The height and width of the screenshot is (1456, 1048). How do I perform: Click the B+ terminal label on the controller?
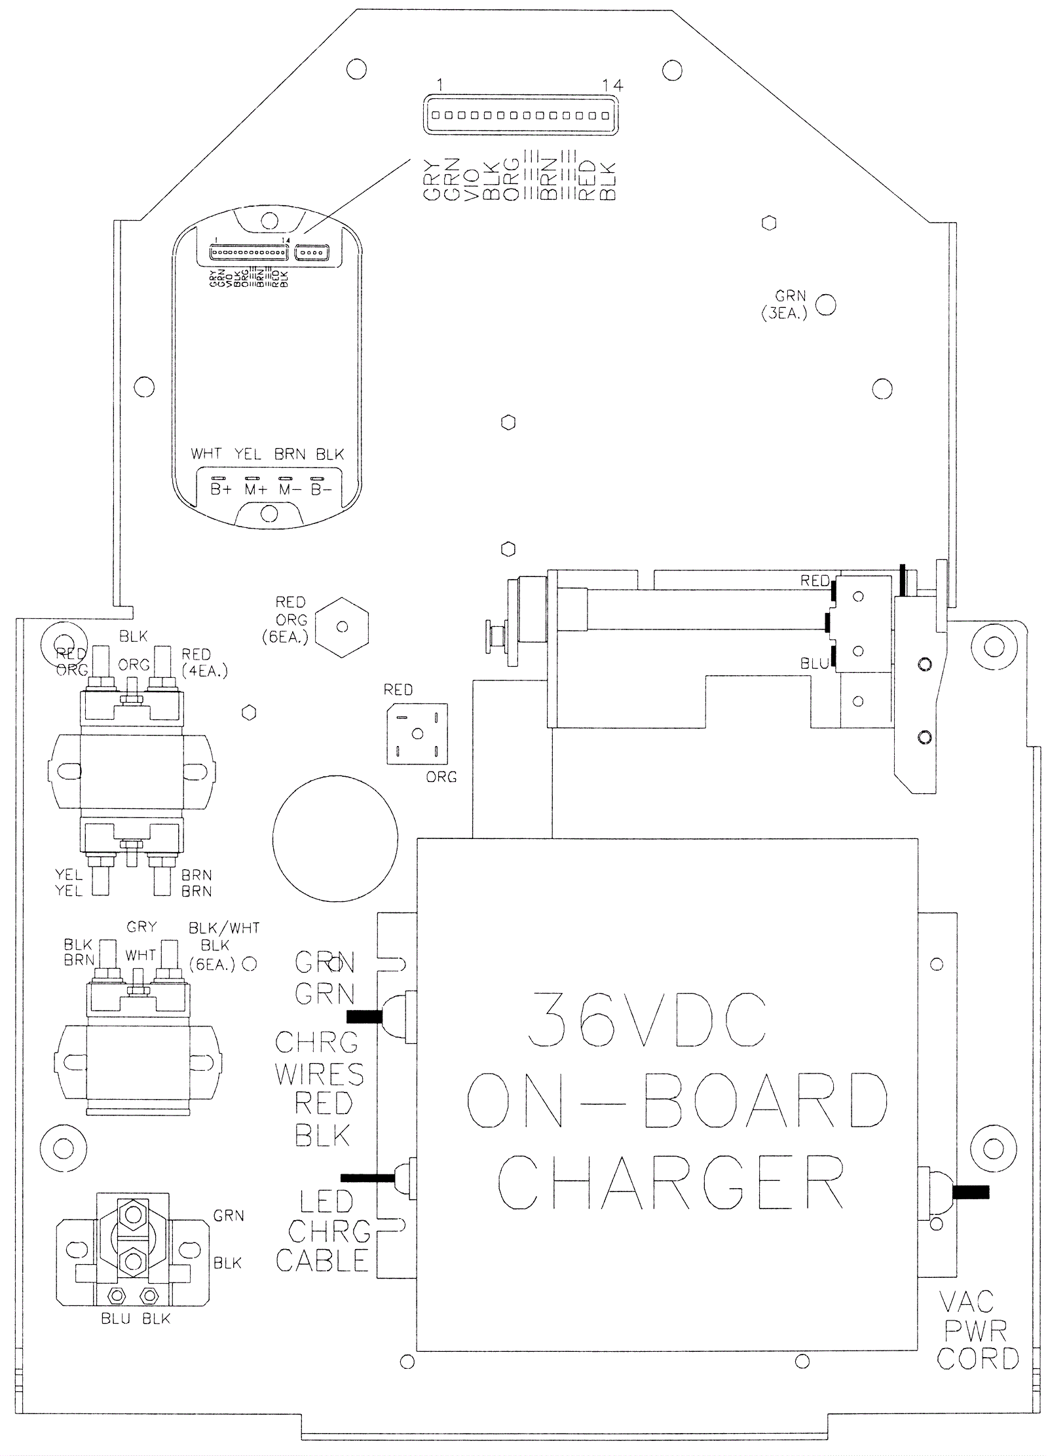pyautogui.click(x=221, y=489)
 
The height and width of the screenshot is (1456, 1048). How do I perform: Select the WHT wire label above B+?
pyautogui.click(x=206, y=454)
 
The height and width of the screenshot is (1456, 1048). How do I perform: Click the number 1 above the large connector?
pyautogui.click(x=440, y=84)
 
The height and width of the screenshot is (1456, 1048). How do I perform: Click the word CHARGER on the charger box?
pyautogui.click(x=670, y=1183)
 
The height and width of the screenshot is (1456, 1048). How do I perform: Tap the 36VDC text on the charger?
pyautogui.click(x=647, y=1021)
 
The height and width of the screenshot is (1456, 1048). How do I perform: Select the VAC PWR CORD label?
pyautogui.click(x=977, y=1331)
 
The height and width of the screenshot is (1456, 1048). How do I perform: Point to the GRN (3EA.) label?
pyautogui.click(x=785, y=305)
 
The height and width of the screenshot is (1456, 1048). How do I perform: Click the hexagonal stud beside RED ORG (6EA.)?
pyautogui.click(x=342, y=627)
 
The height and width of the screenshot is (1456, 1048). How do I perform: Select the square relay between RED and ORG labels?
pyautogui.click(x=417, y=734)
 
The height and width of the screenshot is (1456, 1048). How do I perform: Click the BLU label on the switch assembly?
pyautogui.click(x=814, y=663)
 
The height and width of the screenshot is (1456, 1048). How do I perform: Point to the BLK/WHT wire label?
pyautogui.click(x=224, y=928)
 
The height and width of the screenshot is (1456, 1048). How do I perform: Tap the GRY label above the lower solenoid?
pyautogui.click(x=141, y=927)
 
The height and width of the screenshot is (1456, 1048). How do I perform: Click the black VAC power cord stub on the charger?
pyautogui.click(x=970, y=1192)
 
